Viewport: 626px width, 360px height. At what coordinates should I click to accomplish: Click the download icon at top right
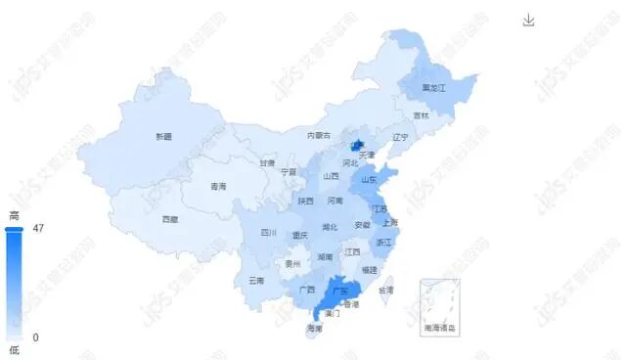tap(529, 21)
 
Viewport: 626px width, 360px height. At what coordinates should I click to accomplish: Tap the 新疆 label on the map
tap(163, 136)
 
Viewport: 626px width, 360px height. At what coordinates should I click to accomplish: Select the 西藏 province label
tap(170, 219)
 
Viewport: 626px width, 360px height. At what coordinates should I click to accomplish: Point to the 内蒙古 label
tap(319, 135)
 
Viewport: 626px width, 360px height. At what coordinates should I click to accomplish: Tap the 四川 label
tap(269, 233)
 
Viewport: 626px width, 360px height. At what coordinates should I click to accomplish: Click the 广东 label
tap(341, 291)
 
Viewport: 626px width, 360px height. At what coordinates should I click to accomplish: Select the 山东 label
tap(369, 179)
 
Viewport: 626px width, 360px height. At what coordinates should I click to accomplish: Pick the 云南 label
tap(256, 280)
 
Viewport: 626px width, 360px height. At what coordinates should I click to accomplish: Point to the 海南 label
tap(314, 328)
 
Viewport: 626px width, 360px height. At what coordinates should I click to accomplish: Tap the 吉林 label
tap(421, 115)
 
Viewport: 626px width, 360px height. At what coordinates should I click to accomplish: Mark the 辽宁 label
tap(399, 137)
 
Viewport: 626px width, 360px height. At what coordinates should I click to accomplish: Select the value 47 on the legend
tap(38, 228)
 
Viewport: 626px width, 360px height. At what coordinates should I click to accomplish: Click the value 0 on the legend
tap(35, 337)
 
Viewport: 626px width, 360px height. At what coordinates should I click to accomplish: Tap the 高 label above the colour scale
tap(14, 215)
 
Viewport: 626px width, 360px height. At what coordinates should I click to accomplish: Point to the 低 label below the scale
tap(14, 350)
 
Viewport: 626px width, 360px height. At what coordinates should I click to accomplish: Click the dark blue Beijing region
tap(358, 146)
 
